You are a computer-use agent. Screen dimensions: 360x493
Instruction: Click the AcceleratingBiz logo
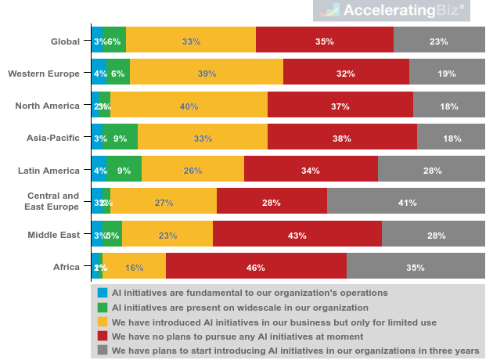(400, 10)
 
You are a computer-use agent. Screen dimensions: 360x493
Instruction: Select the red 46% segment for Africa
(256, 267)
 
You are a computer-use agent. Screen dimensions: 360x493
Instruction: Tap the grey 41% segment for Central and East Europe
(406, 203)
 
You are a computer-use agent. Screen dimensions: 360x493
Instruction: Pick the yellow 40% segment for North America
(189, 106)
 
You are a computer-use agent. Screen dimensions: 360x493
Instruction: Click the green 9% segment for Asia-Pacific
(121, 139)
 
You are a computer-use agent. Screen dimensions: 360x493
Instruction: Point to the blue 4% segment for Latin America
(99, 171)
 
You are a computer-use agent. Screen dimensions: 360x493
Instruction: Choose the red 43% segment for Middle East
(297, 235)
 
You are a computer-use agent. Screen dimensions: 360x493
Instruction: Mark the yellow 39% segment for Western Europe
(207, 74)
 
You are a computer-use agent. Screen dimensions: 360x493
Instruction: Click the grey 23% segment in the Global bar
(439, 41)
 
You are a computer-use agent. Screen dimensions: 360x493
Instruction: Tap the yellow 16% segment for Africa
(134, 267)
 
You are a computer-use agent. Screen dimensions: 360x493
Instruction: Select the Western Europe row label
(44, 74)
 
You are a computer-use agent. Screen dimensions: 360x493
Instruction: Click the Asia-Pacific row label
(52, 139)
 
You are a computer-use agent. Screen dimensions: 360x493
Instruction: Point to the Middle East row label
(53, 235)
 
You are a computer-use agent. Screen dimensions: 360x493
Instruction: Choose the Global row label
(65, 41)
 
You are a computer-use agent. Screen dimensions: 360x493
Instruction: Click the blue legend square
(103, 293)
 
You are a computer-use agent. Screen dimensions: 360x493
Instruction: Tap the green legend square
(103, 307)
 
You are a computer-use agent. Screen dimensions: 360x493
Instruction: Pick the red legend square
(103, 336)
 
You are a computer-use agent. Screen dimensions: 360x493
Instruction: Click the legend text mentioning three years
(296, 351)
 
